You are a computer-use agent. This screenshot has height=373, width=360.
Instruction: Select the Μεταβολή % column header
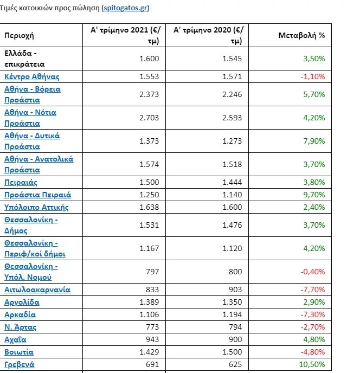(x=301, y=35)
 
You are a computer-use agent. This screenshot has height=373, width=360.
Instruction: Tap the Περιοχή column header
(x=20, y=35)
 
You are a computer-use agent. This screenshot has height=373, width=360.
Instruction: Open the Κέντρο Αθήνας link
(x=31, y=76)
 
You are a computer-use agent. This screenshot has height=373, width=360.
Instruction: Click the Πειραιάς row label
(x=21, y=182)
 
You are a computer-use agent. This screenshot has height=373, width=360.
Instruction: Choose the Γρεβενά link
(x=20, y=364)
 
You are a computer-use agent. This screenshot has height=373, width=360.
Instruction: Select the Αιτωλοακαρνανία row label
(x=37, y=290)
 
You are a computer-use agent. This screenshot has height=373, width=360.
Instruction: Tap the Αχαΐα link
(x=15, y=339)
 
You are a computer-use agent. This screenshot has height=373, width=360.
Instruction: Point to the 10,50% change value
(x=313, y=364)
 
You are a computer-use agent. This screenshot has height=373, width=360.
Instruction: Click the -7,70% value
(x=313, y=290)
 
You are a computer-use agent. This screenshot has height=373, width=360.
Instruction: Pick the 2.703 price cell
(x=149, y=117)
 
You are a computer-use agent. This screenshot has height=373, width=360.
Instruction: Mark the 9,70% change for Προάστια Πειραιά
(x=314, y=195)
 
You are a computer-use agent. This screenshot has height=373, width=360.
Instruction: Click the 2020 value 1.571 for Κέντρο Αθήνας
(x=232, y=76)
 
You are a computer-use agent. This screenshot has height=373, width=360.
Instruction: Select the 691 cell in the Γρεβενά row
(x=152, y=364)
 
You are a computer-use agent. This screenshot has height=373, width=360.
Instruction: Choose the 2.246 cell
(x=232, y=94)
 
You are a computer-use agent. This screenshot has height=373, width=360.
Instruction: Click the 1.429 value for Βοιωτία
(x=149, y=352)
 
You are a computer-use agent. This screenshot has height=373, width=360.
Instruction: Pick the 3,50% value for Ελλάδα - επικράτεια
(x=314, y=59)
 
